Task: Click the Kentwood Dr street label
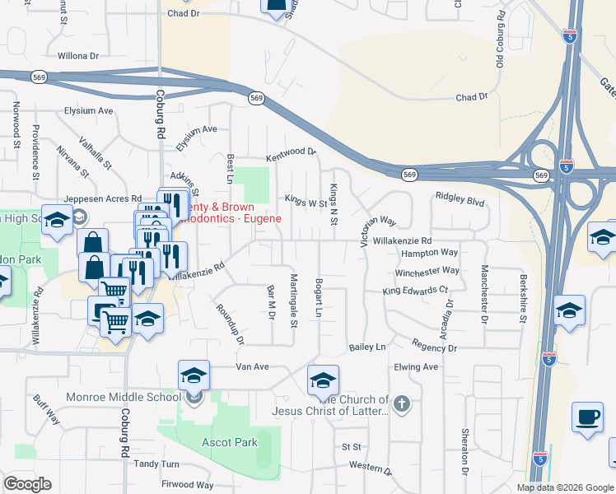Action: tap(291, 153)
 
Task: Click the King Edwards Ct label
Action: tap(415, 291)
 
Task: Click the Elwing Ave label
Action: tap(417, 366)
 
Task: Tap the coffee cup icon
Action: tap(588, 417)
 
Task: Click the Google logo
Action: tap(27, 484)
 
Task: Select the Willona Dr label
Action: tap(78, 57)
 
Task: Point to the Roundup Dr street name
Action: tap(231, 324)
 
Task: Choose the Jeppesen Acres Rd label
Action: tap(103, 198)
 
